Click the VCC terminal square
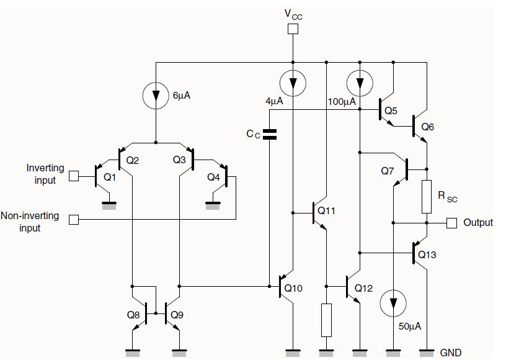pos(293,29)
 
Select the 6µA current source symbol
pos(155,96)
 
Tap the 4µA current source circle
pos(293,83)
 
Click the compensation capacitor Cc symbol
pos(270,133)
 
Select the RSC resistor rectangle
pos(427,196)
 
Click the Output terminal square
pos(451,222)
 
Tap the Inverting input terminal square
pos(74,176)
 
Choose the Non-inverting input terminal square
pos(74,220)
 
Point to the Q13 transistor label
pos(427,254)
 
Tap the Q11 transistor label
pos(326,211)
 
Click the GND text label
pos(451,353)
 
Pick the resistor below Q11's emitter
pos(326,320)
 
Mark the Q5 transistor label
pos(391,110)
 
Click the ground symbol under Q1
pos(110,205)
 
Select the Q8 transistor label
pos(133,315)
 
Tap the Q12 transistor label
pos(365,289)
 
